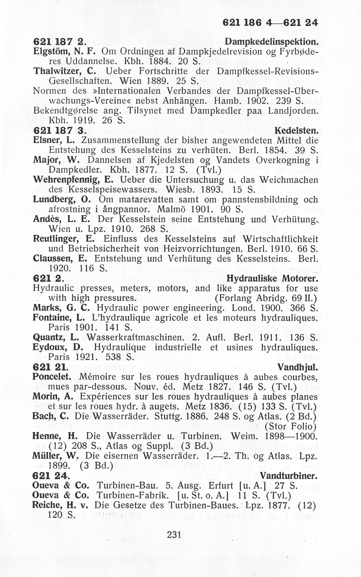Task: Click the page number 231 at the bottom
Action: (x=173, y=535)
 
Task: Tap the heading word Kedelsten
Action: (x=296, y=131)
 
